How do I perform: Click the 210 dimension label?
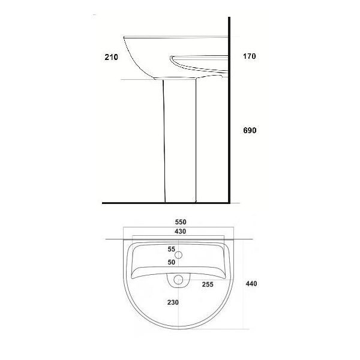pos(112,57)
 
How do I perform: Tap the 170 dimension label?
pos(250,56)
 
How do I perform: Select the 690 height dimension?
pos(250,130)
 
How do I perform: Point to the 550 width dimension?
pos(181,222)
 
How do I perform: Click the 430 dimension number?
pos(180,232)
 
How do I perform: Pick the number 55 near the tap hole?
pos(171,249)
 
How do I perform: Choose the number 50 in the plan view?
pos(171,262)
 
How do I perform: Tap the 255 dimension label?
pos(208,284)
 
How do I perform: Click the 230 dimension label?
pos(173,302)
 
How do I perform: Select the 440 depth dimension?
pos(251,284)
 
